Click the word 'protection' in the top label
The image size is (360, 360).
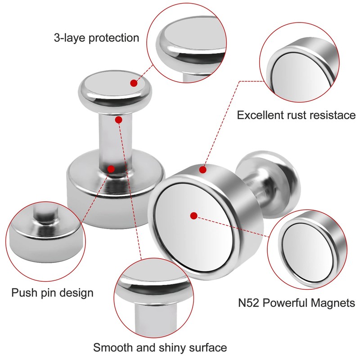[114, 37]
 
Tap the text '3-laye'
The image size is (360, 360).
[69, 37]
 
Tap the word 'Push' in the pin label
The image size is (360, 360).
[23, 293]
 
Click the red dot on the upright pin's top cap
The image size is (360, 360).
[134, 83]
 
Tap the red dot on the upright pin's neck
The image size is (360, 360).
[118, 119]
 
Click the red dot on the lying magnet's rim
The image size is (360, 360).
[202, 170]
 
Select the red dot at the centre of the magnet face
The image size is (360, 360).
[193, 216]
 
